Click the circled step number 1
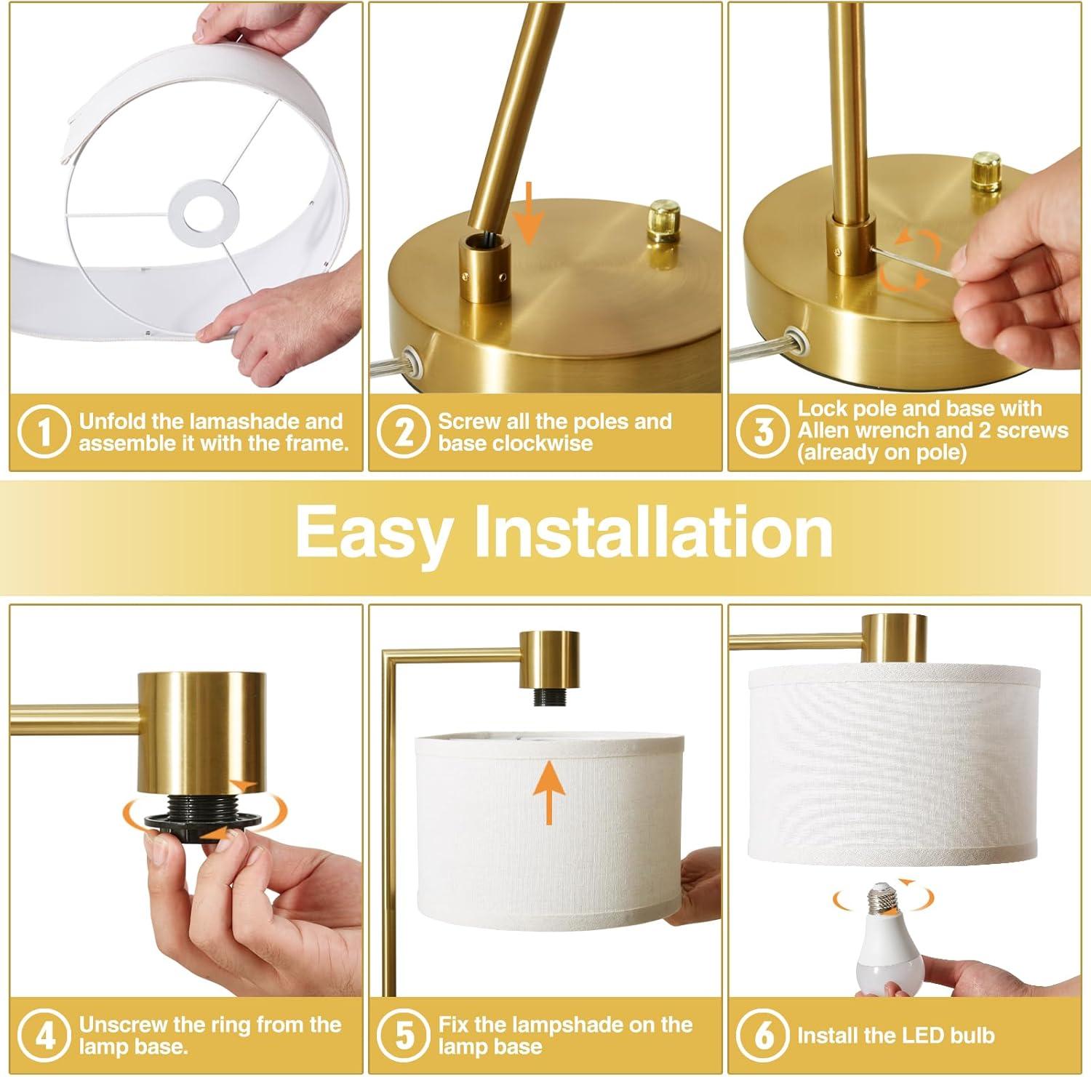click(x=44, y=432)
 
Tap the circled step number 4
click(x=44, y=1035)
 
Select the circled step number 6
click(x=764, y=1035)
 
